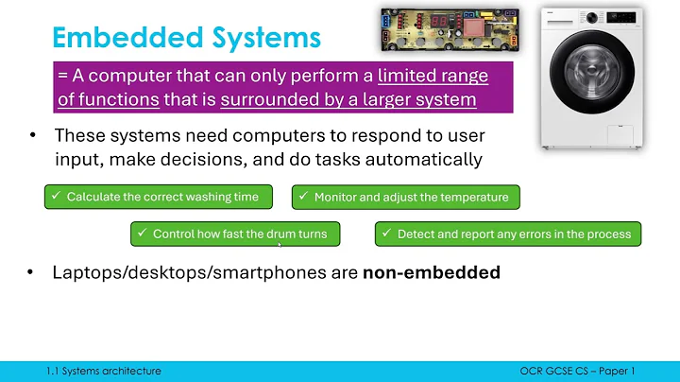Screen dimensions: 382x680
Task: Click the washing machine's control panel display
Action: click(x=619, y=18)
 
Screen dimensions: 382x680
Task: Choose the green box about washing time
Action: click(x=158, y=197)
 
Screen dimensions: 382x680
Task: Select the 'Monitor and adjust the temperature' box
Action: click(x=405, y=197)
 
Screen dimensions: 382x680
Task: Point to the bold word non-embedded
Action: click(x=431, y=273)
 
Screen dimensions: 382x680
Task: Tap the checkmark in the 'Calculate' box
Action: click(x=58, y=197)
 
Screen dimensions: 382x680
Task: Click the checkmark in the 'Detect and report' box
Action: click(x=387, y=234)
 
